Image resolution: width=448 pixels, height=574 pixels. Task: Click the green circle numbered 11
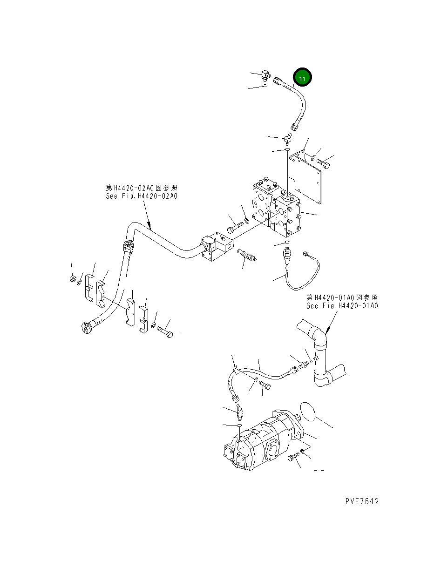click(302, 78)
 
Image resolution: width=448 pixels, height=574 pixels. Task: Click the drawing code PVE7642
click(362, 501)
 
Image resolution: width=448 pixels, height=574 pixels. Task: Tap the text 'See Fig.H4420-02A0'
click(141, 196)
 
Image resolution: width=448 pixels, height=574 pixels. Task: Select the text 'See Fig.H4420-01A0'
click(342, 306)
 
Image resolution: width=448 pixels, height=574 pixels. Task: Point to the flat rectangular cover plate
click(305, 177)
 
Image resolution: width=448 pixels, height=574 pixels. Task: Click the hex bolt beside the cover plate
click(325, 164)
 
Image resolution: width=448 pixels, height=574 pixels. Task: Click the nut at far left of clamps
click(73, 279)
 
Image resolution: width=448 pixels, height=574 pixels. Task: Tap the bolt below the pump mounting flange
click(292, 459)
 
